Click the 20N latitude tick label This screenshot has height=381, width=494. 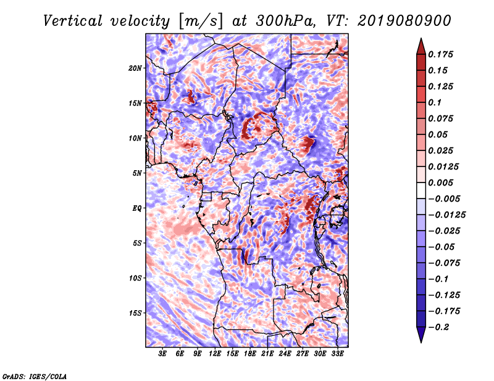pyautogui.click(x=135, y=68)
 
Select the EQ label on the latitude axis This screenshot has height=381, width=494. pyautogui.click(x=137, y=208)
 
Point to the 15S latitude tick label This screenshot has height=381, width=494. pyautogui.click(x=135, y=313)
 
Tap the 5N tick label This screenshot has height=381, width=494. pyautogui.click(x=137, y=173)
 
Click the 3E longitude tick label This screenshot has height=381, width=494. pyautogui.click(x=162, y=354)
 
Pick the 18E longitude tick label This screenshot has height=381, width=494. pyautogui.click(x=250, y=354)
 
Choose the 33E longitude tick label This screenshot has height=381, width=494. pyautogui.click(x=337, y=354)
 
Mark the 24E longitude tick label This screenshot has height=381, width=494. pyautogui.click(x=285, y=354)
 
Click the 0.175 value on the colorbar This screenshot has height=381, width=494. pyautogui.click(x=440, y=54)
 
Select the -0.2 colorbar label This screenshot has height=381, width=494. pyautogui.click(x=438, y=327)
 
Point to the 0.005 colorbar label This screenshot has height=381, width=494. pyautogui.click(x=440, y=182)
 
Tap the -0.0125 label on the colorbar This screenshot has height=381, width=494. pyautogui.click(x=446, y=215)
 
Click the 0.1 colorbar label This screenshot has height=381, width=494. pyautogui.click(x=435, y=102)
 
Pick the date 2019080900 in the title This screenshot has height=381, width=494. pyautogui.click(x=404, y=21)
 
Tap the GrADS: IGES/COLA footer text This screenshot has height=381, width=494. pyautogui.click(x=35, y=376)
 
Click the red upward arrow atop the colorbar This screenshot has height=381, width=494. pyautogui.click(x=421, y=46)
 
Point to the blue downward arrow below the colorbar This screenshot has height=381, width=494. pyautogui.click(x=421, y=335)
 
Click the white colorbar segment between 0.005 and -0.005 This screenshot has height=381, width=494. pyautogui.click(x=421, y=190)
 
